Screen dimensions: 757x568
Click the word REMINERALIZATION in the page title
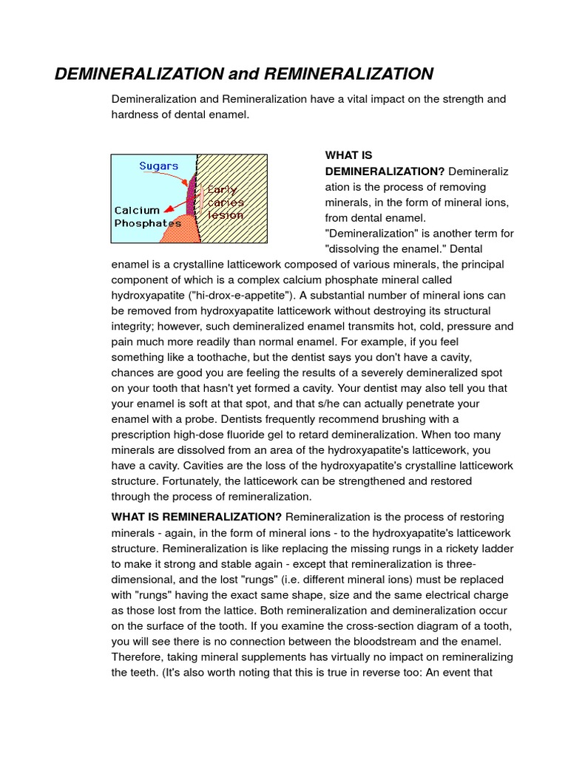(x=348, y=74)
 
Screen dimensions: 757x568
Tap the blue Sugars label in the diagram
(x=159, y=166)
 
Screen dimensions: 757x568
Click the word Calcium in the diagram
(x=137, y=210)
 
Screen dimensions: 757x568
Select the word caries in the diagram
(x=226, y=202)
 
